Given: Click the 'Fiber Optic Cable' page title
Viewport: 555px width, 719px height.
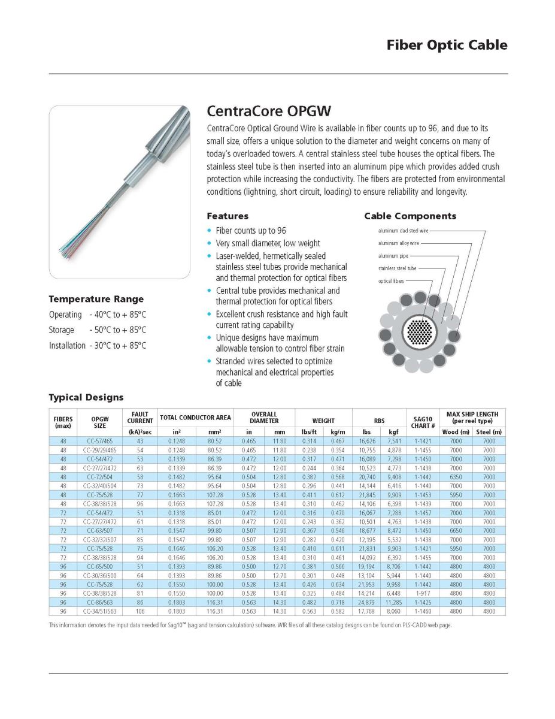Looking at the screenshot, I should [447, 45].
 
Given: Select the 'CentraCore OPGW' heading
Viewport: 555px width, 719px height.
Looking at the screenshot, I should [268, 111].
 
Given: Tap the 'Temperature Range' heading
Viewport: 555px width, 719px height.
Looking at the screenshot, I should [96, 299].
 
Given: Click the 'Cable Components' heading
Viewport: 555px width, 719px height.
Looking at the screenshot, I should [410, 216].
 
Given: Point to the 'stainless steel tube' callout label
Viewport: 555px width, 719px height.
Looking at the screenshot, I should [397, 268].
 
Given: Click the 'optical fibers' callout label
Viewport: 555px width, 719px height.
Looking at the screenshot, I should [391, 281].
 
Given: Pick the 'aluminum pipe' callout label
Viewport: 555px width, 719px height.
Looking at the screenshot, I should [393, 256].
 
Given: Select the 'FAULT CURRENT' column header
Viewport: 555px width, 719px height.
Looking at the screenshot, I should [140, 418].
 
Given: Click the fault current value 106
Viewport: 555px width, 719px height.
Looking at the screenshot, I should [140, 611].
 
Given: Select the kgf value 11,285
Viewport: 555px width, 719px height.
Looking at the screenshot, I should [393, 602].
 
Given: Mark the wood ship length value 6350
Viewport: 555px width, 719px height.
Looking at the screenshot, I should [456, 477].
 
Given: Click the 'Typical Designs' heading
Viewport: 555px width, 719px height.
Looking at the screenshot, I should [86, 397].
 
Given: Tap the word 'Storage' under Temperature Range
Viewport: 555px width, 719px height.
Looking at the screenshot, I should [62, 330].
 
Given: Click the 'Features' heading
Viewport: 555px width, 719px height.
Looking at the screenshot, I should [228, 216].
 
